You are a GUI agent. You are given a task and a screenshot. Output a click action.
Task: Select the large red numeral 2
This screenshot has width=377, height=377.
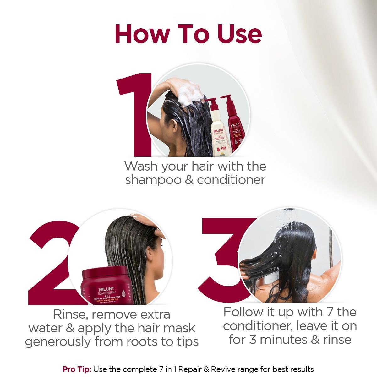52,264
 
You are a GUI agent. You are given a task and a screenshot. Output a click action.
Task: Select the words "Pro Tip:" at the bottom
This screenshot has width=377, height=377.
77,369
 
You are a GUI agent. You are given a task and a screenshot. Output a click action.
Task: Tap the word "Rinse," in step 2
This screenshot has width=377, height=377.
70,314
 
